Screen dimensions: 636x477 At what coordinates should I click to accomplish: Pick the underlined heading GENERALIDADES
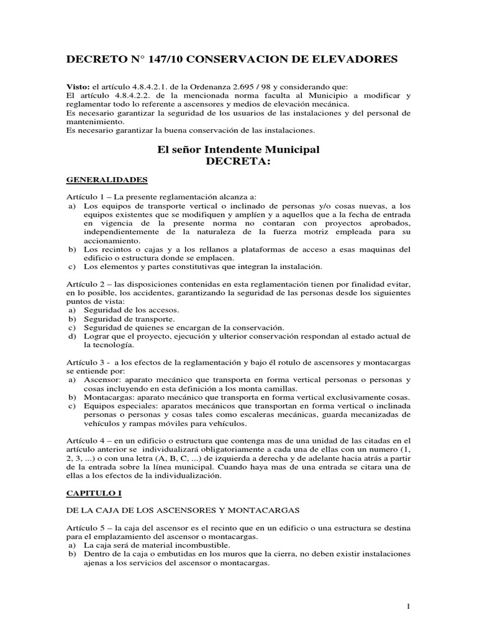pyautogui.click(x=106, y=180)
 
